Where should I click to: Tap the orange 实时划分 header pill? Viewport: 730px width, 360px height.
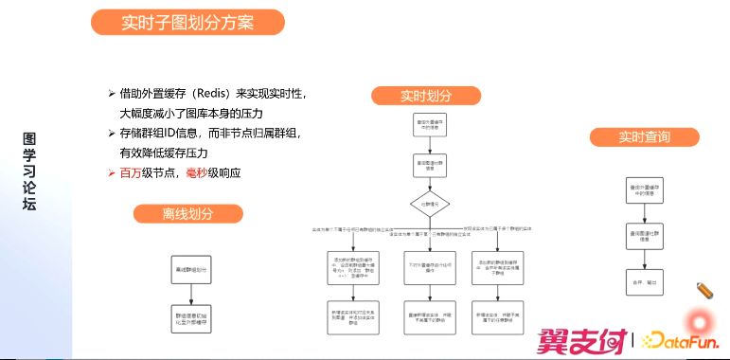425,96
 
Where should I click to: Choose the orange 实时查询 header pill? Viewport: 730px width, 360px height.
644,137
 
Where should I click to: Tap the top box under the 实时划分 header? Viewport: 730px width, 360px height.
429,125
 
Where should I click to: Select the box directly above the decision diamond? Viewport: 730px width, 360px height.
429,164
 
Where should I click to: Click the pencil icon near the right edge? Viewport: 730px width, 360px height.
703,290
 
